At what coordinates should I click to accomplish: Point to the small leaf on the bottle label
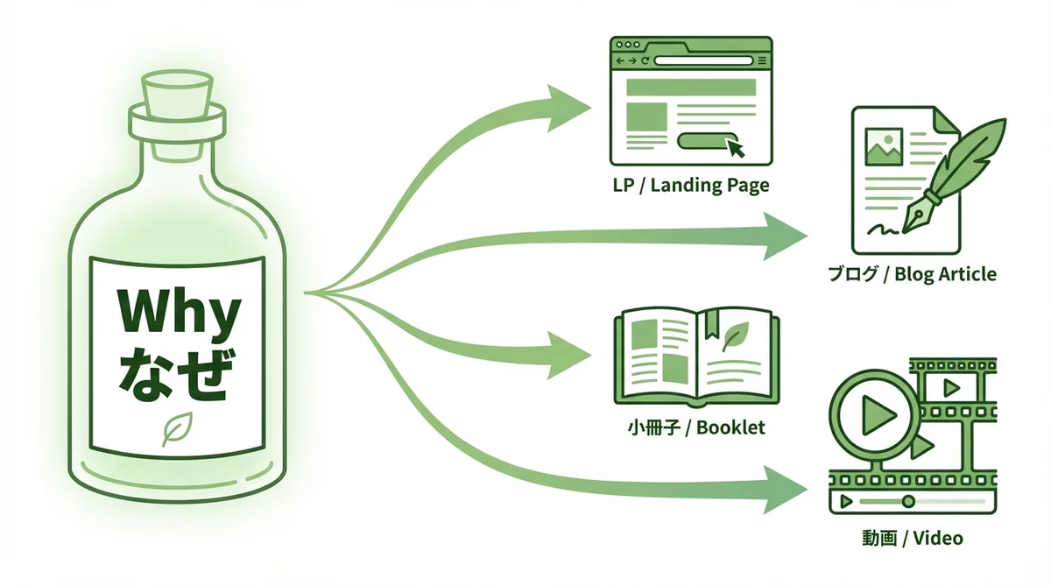tap(178, 429)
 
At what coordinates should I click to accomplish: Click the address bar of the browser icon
tap(701, 61)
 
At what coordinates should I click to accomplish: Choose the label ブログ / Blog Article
tap(912, 274)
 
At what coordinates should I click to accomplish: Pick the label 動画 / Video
tap(912, 537)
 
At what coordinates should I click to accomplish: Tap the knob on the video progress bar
tap(908, 502)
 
